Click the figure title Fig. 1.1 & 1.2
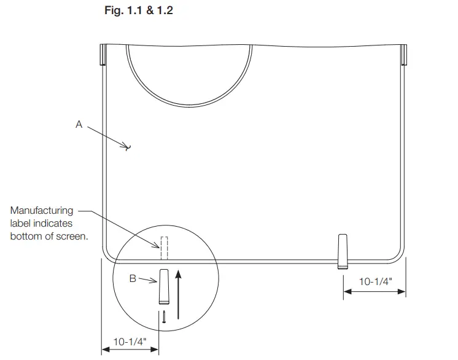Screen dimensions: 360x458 [x=139, y=11]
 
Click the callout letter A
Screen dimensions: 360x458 [x=79, y=124]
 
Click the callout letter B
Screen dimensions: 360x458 [x=132, y=278]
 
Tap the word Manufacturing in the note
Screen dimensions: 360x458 [x=41, y=211]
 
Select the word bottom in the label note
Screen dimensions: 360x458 [x=26, y=236]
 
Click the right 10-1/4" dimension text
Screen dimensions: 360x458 [x=375, y=281]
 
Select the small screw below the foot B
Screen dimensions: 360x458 [x=165, y=317]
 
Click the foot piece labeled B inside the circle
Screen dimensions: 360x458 [x=164, y=287]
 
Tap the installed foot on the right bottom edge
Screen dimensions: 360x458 [x=343, y=251]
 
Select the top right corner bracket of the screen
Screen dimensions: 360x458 [x=403, y=54]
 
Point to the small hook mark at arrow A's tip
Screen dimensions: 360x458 [x=128, y=147]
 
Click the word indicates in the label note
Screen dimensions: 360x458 [x=56, y=224]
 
